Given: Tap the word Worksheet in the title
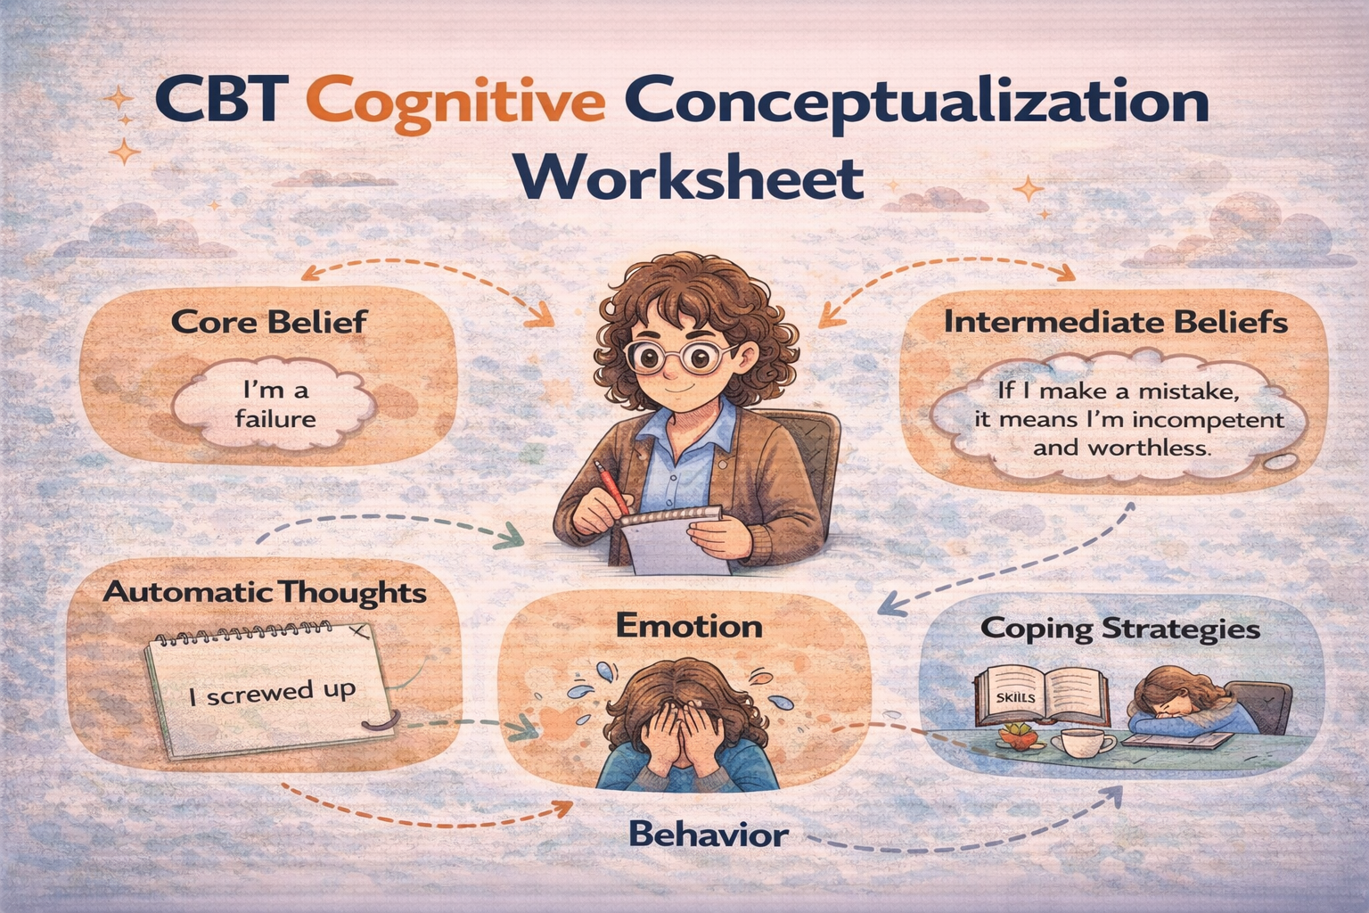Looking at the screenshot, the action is [x=691, y=178].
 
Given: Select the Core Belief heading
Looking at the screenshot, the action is [x=269, y=322].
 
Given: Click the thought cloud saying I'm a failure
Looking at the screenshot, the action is [x=275, y=403].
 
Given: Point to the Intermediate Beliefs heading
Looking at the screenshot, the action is [x=1116, y=322].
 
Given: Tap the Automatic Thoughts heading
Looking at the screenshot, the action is [x=264, y=593].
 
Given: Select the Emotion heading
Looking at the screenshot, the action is [x=689, y=628].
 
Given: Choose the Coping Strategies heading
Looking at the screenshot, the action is [x=1120, y=629].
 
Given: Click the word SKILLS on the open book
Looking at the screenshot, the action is [x=1015, y=698].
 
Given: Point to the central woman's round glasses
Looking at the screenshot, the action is [x=680, y=358].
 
